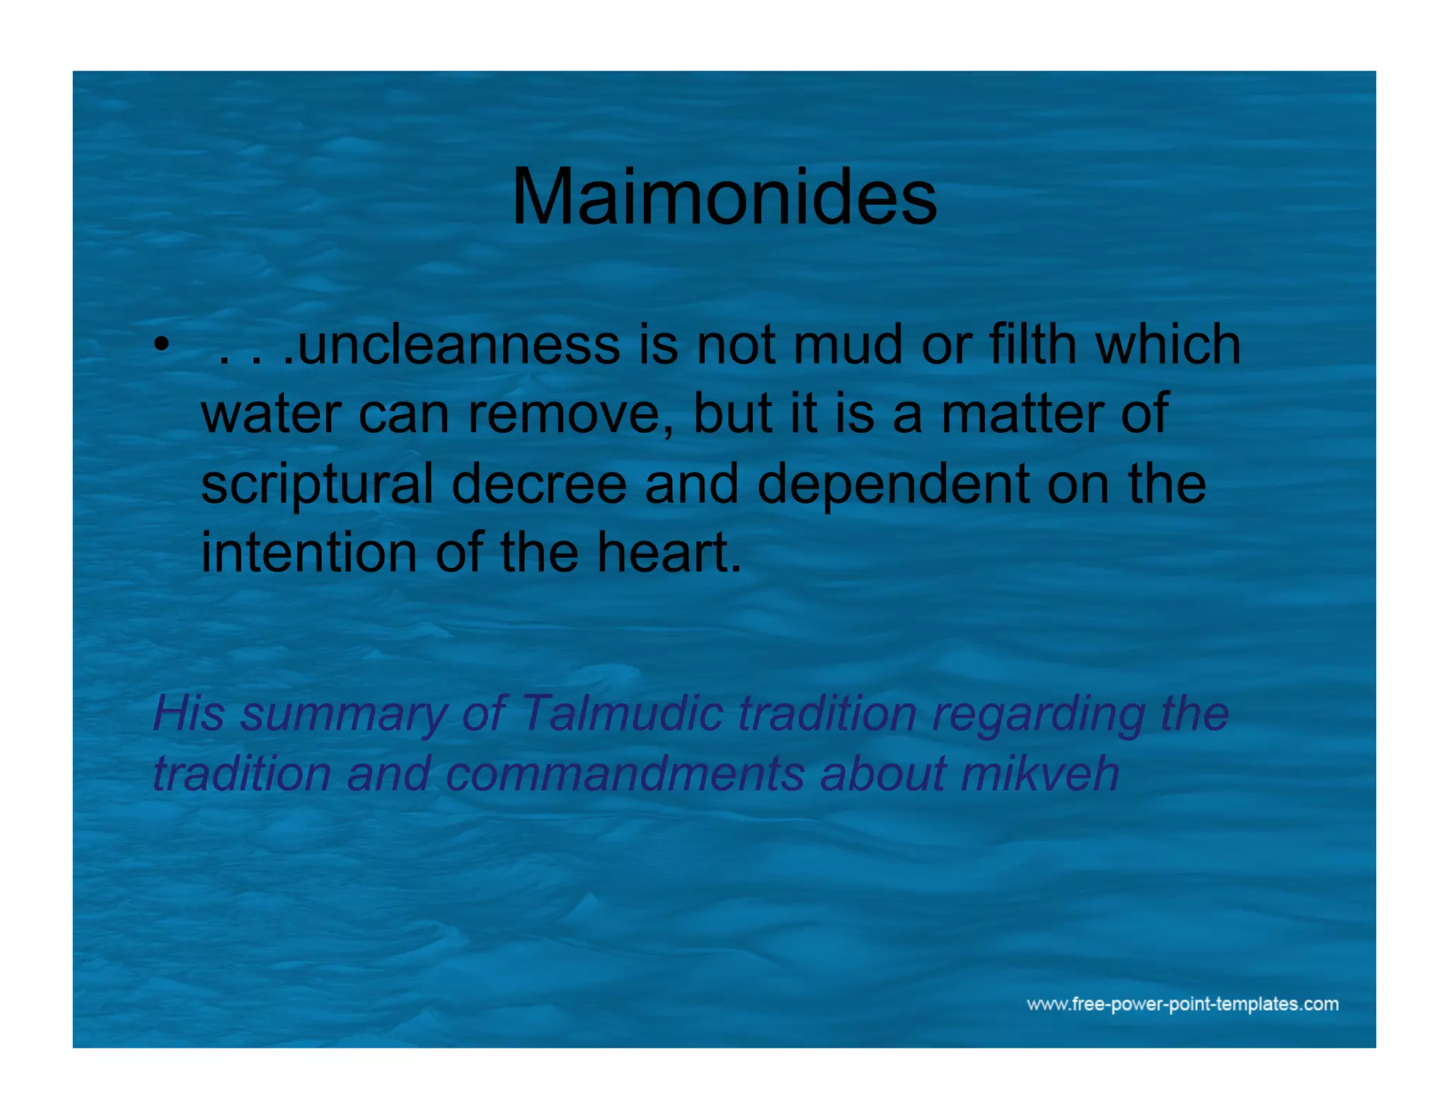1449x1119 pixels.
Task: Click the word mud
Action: pyautogui.click(x=848, y=345)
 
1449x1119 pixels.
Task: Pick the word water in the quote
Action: pyautogui.click(x=271, y=414)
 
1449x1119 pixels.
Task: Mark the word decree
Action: pyautogui.click(x=538, y=484)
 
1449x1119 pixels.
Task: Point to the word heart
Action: pyautogui.click(x=668, y=552)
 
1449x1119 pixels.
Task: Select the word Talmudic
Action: pyautogui.click(x=621, y=713)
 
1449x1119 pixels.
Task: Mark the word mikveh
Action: pyautogui.click(x=1039, y=773)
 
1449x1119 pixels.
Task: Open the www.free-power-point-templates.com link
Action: pyautogui.click(x=1182, y=1004)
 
